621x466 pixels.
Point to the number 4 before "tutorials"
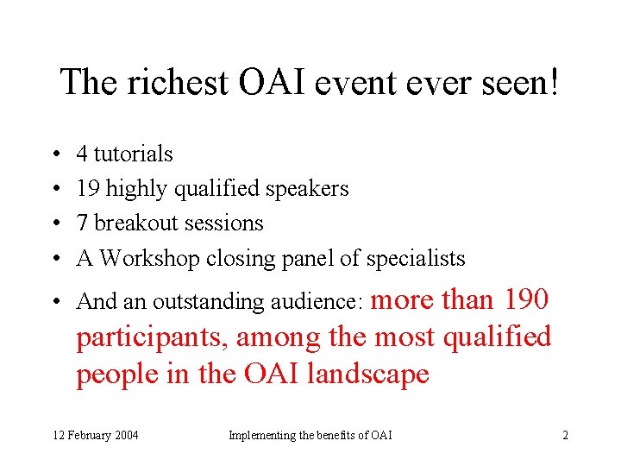point(82,154)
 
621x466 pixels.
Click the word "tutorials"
point(133,154)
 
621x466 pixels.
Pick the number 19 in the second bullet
point(87,189)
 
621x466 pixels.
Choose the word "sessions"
point(223,224)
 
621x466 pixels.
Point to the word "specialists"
point(416,258)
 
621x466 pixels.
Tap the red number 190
point(524,299)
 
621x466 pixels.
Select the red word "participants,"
point(152,337)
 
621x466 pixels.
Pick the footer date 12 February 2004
point(96,435)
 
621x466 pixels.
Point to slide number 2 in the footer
point(565,435)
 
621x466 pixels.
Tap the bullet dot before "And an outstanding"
point(54,302)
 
